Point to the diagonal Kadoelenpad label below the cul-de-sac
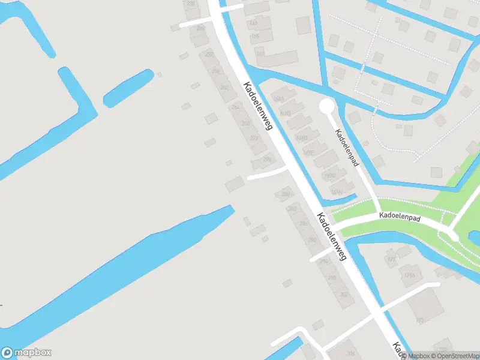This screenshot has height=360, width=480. coord(347,149)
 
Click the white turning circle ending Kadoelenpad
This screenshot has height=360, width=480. coord(326,107)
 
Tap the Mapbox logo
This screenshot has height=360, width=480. coord(26,353)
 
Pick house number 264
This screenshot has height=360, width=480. coord(236,107)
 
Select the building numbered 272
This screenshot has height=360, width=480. coord(254,139)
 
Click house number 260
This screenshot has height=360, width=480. coord(224,88)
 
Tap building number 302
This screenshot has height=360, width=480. coord(344,295)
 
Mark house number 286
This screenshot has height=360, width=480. coord(304,223)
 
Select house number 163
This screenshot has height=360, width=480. coord(253,23)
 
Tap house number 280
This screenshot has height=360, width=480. coord(285,194)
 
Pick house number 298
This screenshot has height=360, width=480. coord(332,277)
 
